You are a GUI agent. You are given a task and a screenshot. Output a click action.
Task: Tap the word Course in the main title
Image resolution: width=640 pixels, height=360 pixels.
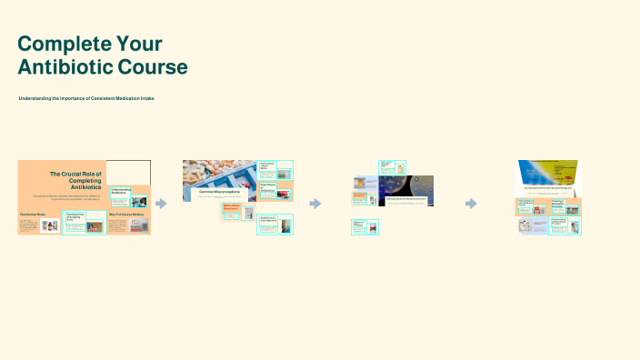(155, 67)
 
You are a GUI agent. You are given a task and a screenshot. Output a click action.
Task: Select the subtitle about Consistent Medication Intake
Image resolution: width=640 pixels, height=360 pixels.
(86, 97)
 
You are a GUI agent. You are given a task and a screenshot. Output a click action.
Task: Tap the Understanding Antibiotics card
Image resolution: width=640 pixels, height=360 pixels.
(121, 192)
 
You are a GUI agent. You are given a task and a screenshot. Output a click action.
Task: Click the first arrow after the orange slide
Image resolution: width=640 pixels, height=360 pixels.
(161, 204)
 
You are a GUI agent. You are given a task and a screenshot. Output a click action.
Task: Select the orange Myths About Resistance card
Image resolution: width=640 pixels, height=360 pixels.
(237, 209)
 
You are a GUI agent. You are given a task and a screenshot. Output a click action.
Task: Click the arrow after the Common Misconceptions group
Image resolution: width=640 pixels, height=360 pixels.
(315, 204)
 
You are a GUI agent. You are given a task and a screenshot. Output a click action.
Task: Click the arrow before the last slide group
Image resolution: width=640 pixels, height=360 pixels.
(471, 204)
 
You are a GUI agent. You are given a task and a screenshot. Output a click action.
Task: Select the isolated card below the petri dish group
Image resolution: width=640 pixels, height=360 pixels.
(365, 227)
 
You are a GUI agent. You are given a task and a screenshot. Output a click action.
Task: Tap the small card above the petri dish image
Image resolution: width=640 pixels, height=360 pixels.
(394, 168)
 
